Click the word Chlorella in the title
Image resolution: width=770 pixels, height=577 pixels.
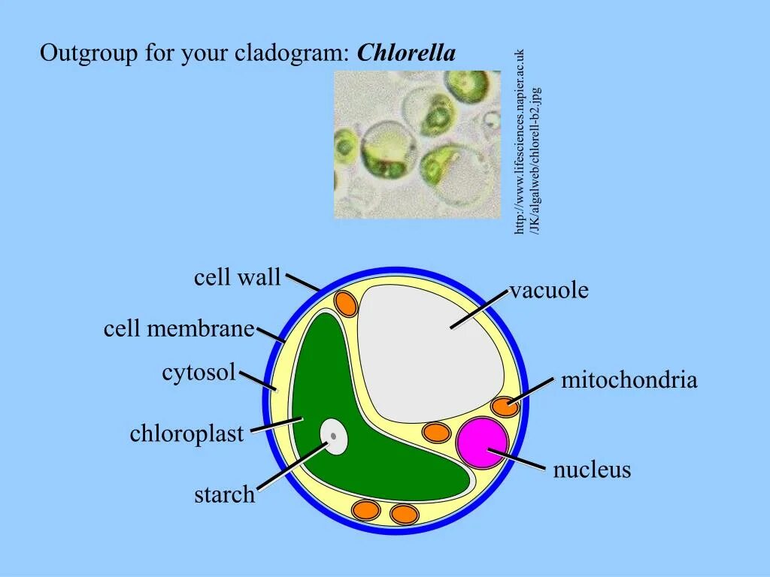click(407, 54)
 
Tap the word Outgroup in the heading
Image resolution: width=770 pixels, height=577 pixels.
click(77, 54)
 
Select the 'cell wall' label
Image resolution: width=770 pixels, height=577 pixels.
click(237, 278)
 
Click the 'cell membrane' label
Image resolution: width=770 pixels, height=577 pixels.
click(180, 329)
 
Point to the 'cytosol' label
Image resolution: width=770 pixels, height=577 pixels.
click(199, 373)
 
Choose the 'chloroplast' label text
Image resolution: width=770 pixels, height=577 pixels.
click(186, 434)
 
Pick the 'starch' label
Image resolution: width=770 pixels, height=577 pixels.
click(224, 495)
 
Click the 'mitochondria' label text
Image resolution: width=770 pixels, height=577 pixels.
click(629, 381)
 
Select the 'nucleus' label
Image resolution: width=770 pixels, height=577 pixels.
click(592, 471)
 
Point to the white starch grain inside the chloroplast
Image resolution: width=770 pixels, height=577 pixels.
click(334, 437)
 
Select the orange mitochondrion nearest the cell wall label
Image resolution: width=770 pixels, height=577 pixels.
click(346, 303)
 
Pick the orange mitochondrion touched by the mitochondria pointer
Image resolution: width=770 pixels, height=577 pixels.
click(505, 407)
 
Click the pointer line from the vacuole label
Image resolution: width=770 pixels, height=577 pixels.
click(480, 309)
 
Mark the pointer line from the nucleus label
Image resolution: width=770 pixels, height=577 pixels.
click(519, 460)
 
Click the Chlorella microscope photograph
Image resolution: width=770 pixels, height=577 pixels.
click(417, 144)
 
